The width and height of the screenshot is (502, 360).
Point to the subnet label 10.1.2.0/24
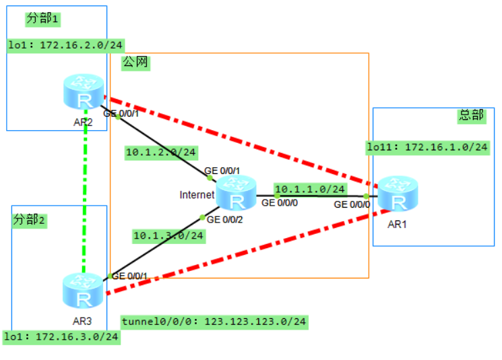(161, 152)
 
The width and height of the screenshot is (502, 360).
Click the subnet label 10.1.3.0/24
(168, 235)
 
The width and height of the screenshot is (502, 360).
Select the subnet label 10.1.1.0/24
(310, 189)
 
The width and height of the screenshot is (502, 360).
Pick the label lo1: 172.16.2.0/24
(57, 46)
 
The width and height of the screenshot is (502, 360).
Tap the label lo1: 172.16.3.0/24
(61, 336)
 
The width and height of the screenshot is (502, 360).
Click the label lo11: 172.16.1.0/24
(427, 146)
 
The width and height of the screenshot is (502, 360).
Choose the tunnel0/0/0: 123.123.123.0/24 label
(214, 322)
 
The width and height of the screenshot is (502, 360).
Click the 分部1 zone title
(42, 19)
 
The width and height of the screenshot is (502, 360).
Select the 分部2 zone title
(29, 220)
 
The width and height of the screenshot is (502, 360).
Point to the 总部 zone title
(471, 115)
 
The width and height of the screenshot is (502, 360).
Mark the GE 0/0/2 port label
(225, 219)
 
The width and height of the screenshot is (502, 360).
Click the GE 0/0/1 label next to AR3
(129, 276)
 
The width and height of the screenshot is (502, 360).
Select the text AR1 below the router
(397, 224)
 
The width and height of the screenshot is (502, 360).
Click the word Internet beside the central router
(197, 195)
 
